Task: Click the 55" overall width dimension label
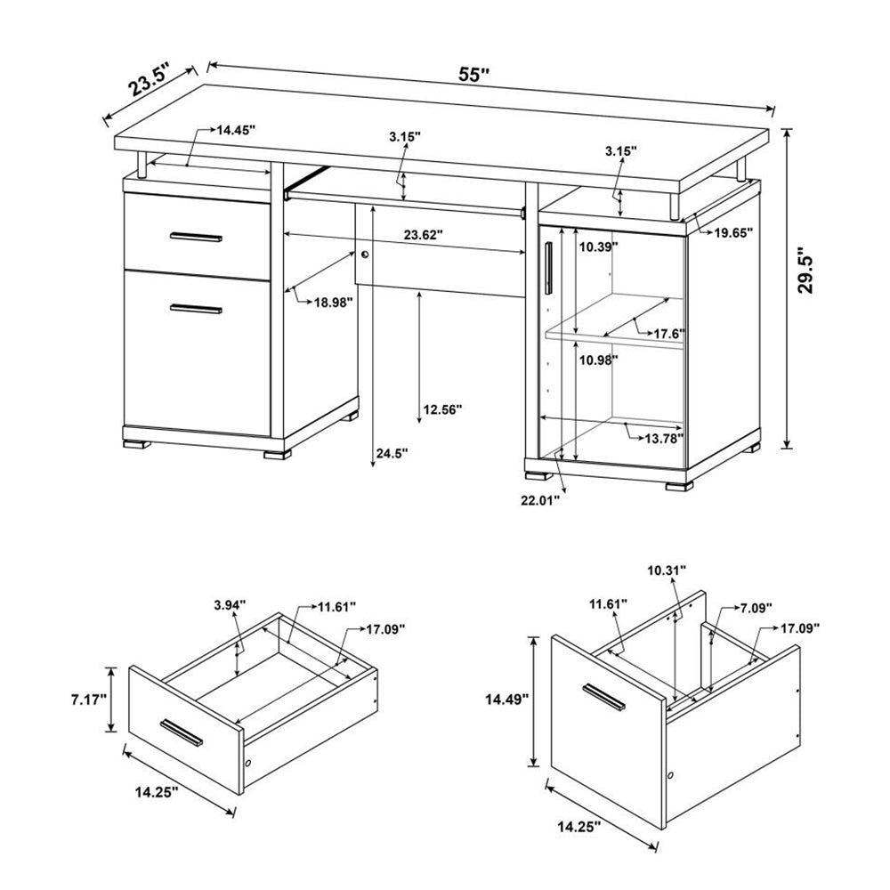[x=475, y=75]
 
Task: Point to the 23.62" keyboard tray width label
[x=423, y=236]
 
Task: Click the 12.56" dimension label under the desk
[x=442, y=409]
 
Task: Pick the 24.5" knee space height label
[x=392, y=453]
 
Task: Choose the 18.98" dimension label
[x=333, y=302]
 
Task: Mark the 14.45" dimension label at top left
[x=235, y=130]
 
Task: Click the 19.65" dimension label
[x=733, y=232]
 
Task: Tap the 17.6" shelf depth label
[x=668, y=334]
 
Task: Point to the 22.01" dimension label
[x=540, y=501]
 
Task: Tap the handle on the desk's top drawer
[x=196, y=237]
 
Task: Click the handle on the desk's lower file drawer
[x=196, y=309]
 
